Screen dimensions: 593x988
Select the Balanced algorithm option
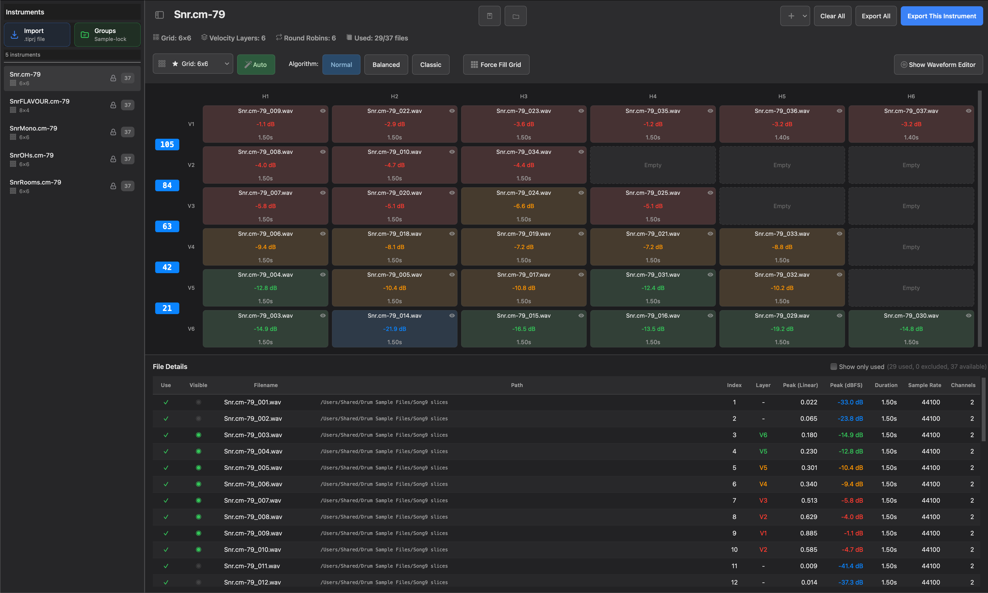pyautogui.click(x=386, y=65)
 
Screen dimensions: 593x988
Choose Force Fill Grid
pyautogui.click(x=496, y=65)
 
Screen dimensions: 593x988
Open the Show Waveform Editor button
pyautogui.click(x=938, y=65)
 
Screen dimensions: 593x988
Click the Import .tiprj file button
pyautogui.click(x=37, y=35)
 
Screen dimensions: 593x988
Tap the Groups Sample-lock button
pyautogui.click(x=107, y=35)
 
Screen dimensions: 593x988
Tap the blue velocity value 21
pyautogui.click(x=167, y=308)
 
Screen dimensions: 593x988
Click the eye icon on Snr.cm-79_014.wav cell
pyautogui.click(x=452, y=316)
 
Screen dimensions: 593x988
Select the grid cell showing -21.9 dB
pyautogui.click(x=394, y=329)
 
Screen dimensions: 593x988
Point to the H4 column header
pyautogui.click(x=653, y=96)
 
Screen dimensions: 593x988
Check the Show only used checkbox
pyautogui.click(x=834, y=367)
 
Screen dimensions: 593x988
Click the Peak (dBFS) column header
pyautogui.click(x=846, y=385)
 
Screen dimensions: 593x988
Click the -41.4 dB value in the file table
pyautogui.click(x=850, y=566)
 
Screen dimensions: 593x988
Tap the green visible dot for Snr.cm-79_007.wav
pyautogui.click(x=199, y=500)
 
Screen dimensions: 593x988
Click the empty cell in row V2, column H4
pyautogui.click(x=653, y=165)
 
